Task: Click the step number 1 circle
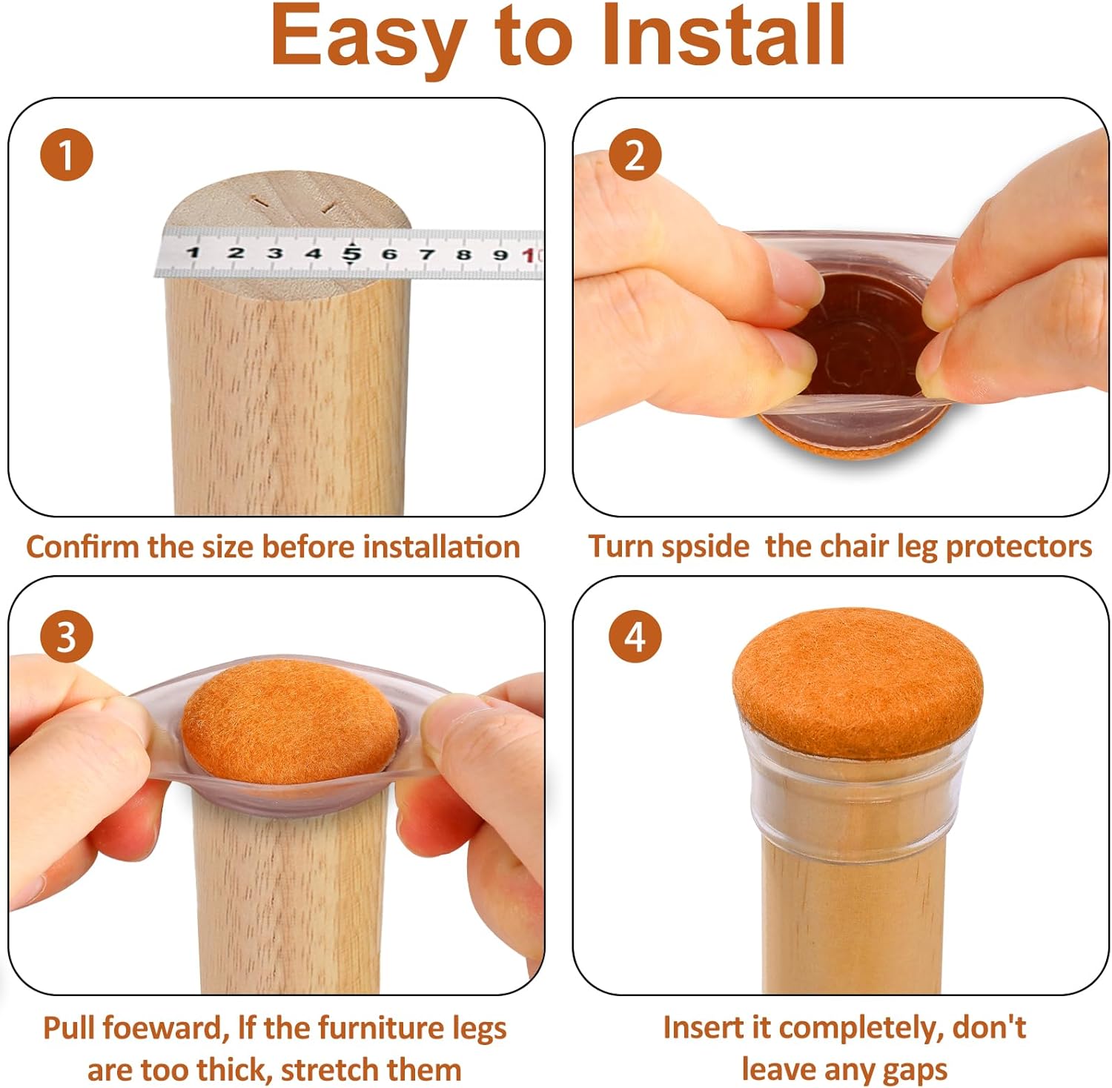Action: pos(67,156)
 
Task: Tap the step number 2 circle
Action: pos(635,156)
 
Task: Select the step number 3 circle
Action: pos(67,636)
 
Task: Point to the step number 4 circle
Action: pos(635,636)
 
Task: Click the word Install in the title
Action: pos(723,36)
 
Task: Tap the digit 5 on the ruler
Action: pos(351,253)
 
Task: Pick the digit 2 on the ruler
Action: pos(236,253)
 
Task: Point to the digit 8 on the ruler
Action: pos(463,255)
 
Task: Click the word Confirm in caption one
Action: pos(82,547)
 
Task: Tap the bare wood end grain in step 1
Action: pos(286,200)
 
